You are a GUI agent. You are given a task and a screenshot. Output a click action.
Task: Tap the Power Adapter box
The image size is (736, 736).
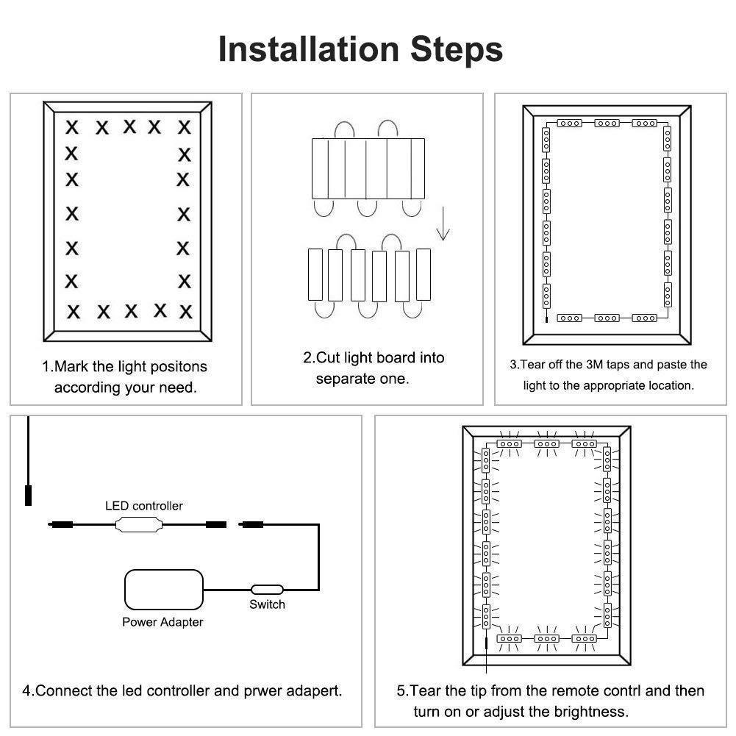point(163,590)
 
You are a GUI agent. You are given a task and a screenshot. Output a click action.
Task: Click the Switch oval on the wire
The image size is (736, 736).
point(267,589)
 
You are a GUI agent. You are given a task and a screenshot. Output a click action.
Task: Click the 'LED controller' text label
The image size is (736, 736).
point(144,506)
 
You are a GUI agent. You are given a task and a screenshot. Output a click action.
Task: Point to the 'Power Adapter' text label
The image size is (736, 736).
point(162,622)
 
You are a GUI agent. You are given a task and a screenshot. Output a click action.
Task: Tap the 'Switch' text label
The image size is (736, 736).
point(267,604)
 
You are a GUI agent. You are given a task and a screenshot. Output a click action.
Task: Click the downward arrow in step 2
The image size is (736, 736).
point(443,224)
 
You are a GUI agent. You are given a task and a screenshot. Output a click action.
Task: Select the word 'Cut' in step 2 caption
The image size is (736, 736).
point(329,358)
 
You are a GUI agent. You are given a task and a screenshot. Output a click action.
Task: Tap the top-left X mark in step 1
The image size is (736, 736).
point(72,127)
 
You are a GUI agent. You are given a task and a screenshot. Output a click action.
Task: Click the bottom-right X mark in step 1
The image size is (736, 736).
point(185,311)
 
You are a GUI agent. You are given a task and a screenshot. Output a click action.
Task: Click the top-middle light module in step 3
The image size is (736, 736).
point(607,123)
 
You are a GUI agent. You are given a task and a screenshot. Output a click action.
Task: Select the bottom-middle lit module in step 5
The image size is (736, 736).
point(546,640)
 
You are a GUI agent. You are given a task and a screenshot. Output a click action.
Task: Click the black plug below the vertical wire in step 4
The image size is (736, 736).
point(29,493)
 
